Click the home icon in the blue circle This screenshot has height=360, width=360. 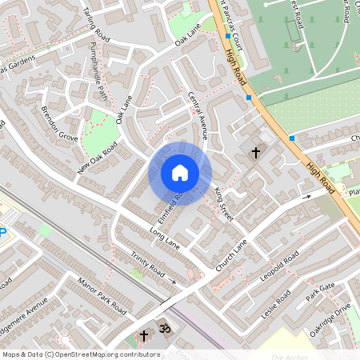180,173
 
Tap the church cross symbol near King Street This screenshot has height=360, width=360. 256,152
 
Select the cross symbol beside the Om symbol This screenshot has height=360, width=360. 145,335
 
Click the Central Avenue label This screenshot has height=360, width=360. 197,116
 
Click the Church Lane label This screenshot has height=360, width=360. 232,252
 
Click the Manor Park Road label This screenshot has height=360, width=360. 103,295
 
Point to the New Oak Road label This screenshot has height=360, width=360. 98,159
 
